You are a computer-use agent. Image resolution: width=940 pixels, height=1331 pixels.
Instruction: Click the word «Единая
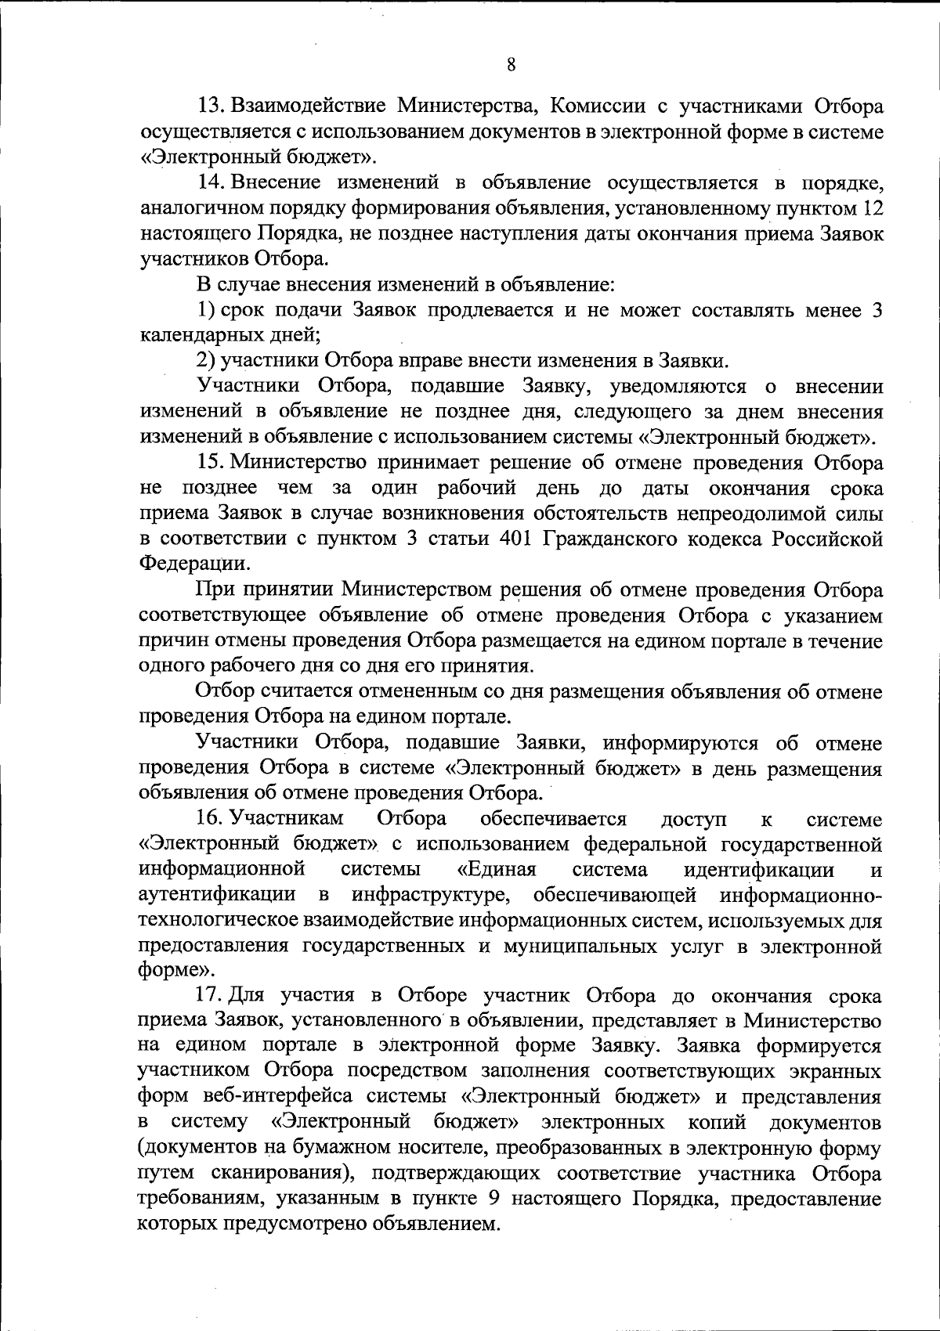coord(495,871)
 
